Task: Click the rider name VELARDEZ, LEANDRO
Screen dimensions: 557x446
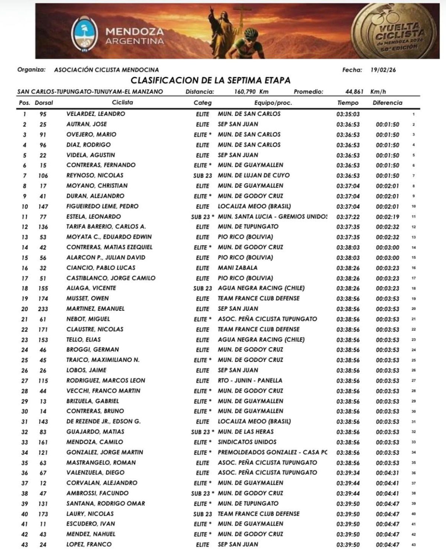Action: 96,114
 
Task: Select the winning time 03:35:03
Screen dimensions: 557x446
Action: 348,114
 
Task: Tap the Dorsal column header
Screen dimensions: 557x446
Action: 44,103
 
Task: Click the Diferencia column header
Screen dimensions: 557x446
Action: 387,103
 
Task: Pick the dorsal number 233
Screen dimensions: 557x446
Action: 43,309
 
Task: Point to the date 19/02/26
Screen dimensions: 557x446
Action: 383,70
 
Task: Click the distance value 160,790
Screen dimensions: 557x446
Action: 245,92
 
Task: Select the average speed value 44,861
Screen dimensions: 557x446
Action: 354,92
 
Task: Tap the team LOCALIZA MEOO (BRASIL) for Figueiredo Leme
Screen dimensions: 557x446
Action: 254,206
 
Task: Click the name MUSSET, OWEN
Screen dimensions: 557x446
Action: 87,298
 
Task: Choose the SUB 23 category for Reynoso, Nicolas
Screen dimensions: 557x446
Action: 203,176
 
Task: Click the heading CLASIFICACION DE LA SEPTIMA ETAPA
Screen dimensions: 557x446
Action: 210,80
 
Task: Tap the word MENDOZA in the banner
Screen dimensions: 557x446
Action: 134,32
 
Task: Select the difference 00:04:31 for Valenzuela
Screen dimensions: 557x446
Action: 387,473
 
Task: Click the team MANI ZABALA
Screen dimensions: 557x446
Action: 237,268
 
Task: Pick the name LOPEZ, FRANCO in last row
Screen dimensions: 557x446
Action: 89,544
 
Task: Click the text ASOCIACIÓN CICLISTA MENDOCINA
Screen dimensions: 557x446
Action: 106,70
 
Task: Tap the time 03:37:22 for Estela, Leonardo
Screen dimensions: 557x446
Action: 348,217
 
